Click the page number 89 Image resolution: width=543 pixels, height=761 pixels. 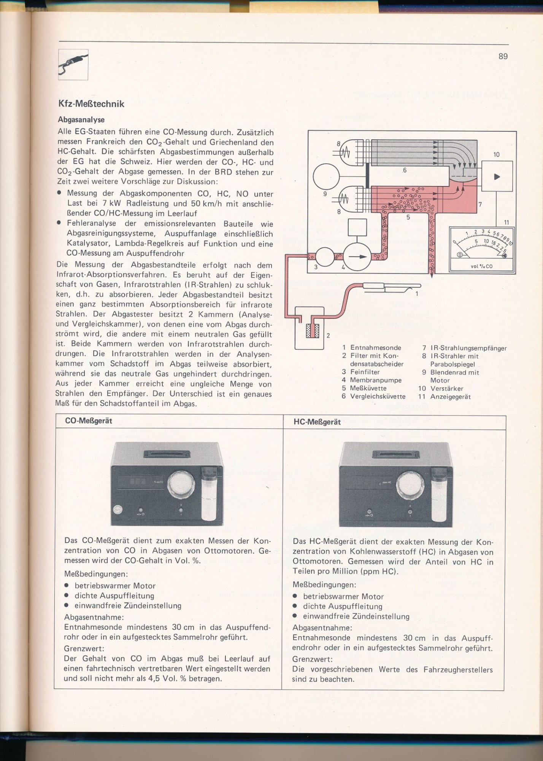click(x=503, y=56)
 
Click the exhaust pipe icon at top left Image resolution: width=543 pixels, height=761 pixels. click(x=73, y=64)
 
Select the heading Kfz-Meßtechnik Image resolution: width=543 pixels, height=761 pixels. click(x=91, y=104)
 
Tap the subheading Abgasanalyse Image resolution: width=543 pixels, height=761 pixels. click(x=81, y=119)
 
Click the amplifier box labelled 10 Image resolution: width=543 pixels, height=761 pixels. click(x=497, y=176)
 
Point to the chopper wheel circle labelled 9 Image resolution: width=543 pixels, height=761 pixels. click(x=326, y=177)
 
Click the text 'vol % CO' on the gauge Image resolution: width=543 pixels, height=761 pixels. click(x=481, y=266)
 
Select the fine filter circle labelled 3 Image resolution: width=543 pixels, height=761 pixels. click(x=325, y=257)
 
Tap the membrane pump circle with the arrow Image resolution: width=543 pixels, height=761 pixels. click(x=357, y=257)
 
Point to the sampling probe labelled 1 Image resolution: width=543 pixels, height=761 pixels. click(x=392, y=286)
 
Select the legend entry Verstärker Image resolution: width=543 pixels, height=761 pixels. click(x=446, y=388)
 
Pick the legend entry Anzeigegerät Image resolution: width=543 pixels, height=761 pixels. click(x=450, y=396)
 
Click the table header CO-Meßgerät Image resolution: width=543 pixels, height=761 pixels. click(x=89, y=421)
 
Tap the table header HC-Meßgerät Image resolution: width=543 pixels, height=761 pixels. click(x=317, y=422)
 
